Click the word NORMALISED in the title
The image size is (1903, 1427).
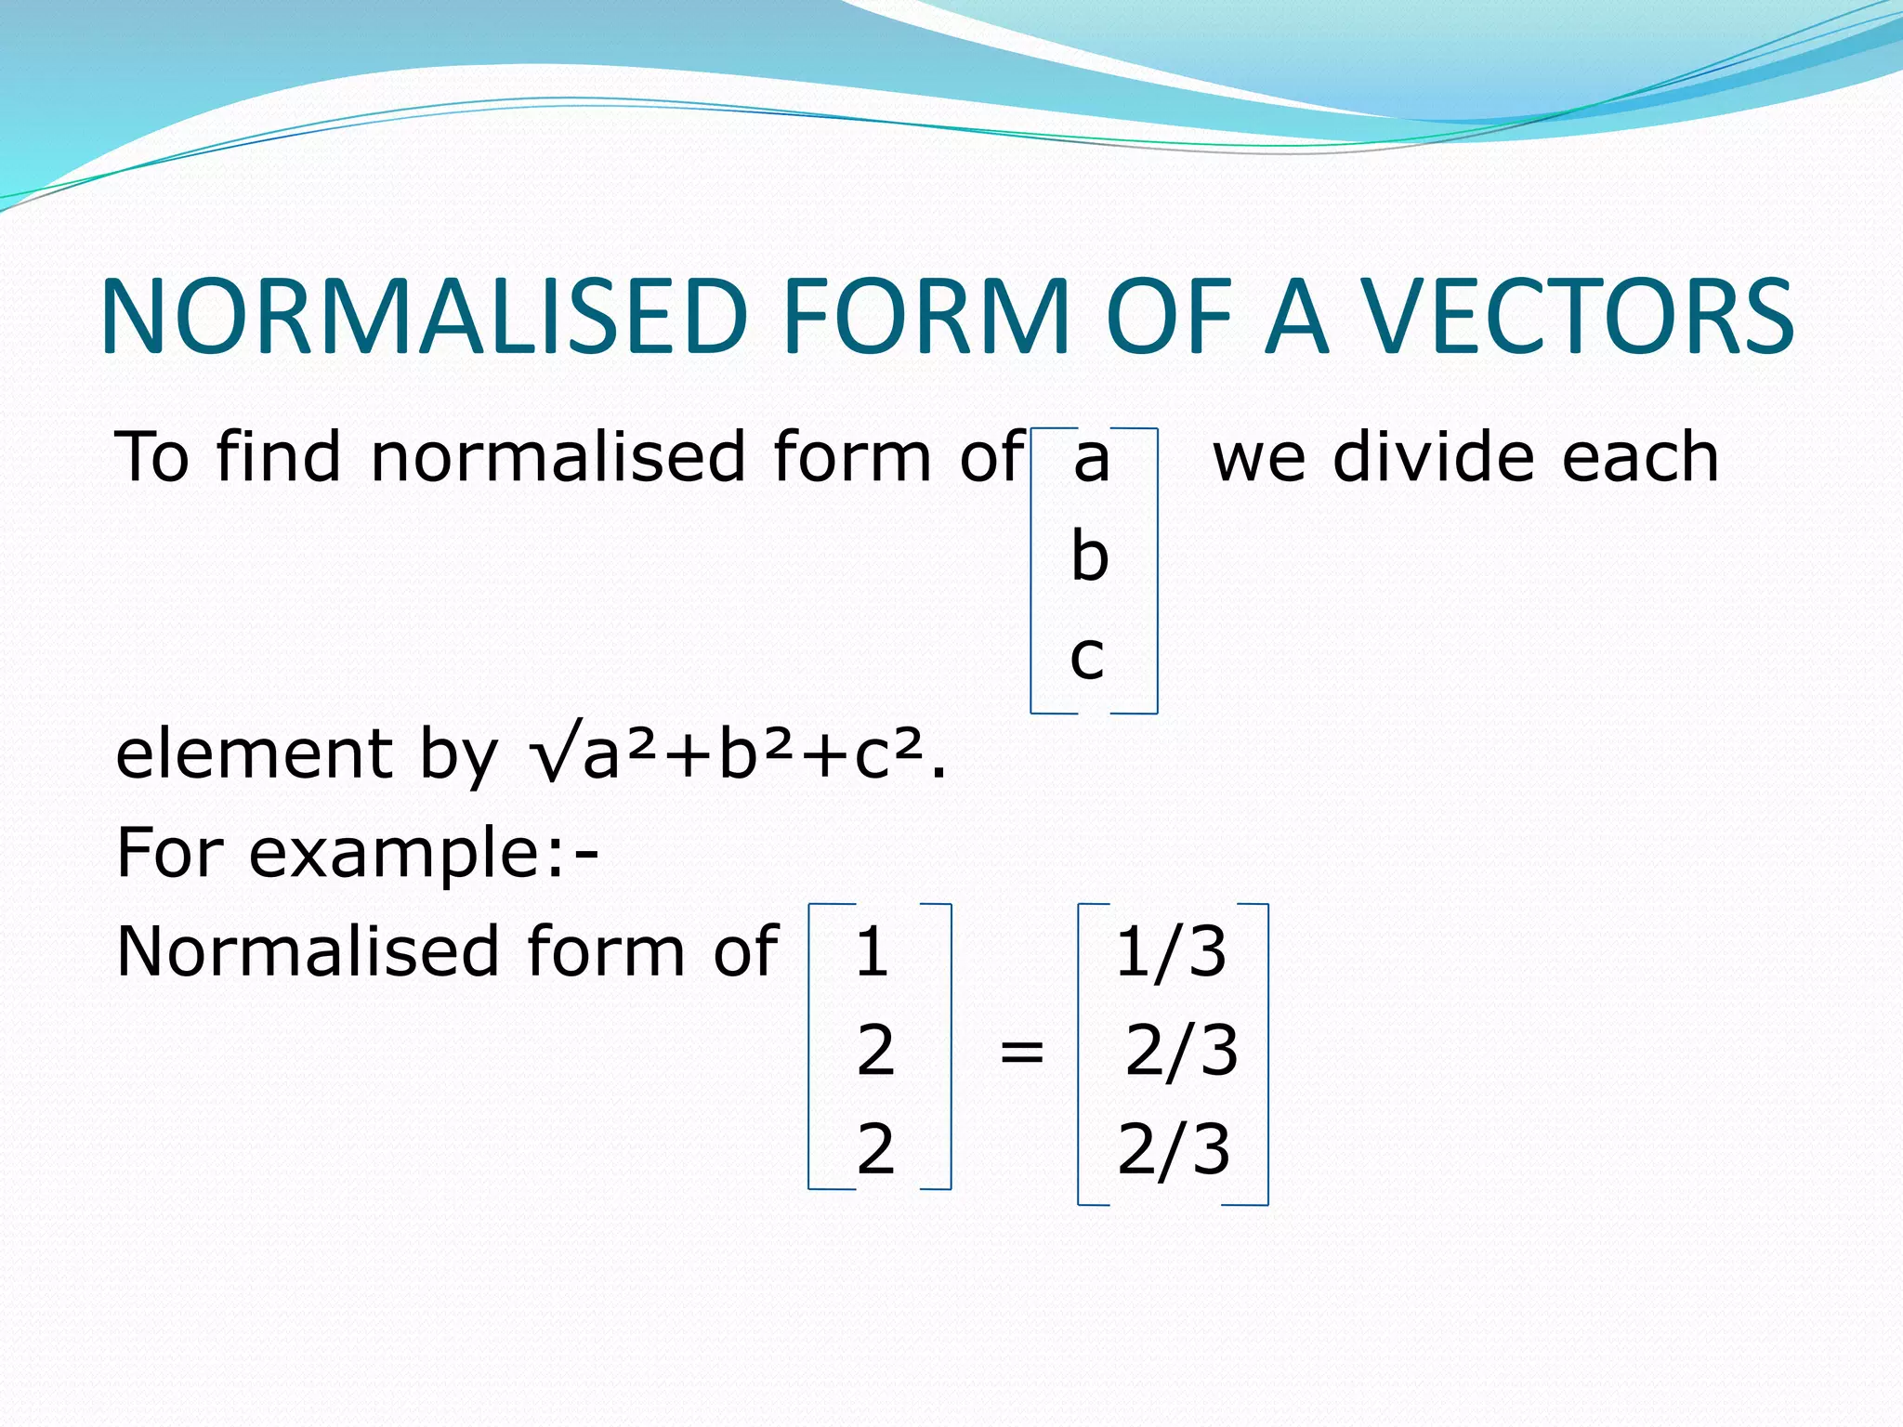point(424,317)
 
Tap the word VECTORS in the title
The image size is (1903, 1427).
point(1578,317)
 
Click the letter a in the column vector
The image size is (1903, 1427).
point(1092,459)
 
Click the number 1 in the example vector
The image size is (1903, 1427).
point(872,952)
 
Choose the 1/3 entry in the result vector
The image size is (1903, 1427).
point(1171,952)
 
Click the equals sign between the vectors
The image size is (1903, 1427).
point(1022,1053)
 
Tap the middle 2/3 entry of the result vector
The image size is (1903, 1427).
point(1181,1051)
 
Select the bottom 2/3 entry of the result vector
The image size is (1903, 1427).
point(1174,1149)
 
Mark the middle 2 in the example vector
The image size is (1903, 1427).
point(875,1051)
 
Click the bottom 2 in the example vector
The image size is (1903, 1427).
point(875,1149)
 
